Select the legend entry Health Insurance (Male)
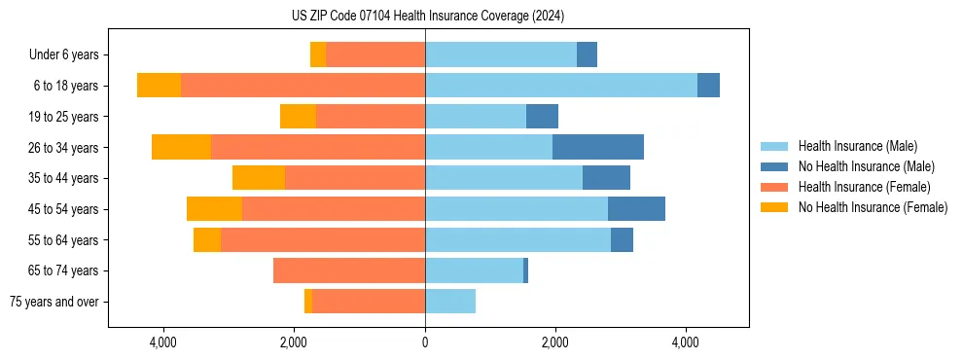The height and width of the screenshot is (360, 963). [857, 146]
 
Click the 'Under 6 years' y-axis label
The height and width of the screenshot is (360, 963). [63, 55]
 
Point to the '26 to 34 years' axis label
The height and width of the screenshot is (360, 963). [63, 148]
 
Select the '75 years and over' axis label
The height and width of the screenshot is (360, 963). [54, 302]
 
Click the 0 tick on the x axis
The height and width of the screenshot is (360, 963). [425, 343]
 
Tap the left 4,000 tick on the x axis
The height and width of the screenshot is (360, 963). [163, 343]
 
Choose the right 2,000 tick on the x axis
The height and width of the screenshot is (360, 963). [555, 343]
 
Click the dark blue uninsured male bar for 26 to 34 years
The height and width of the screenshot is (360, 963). [598, 147]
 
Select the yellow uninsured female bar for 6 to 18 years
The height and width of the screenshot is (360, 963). [159, 86]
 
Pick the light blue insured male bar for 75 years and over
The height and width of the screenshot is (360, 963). [450, 302]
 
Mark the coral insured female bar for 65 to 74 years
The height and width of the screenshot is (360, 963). [349, 270]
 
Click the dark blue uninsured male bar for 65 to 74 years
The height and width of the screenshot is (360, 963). [526, 270]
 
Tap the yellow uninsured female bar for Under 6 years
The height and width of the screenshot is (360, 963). [318, 54]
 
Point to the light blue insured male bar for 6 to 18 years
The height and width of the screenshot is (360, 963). [561, 86]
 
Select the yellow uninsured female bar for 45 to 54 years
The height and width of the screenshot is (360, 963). [214, 209]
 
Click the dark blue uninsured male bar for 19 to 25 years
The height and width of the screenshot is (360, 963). [542, 117]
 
